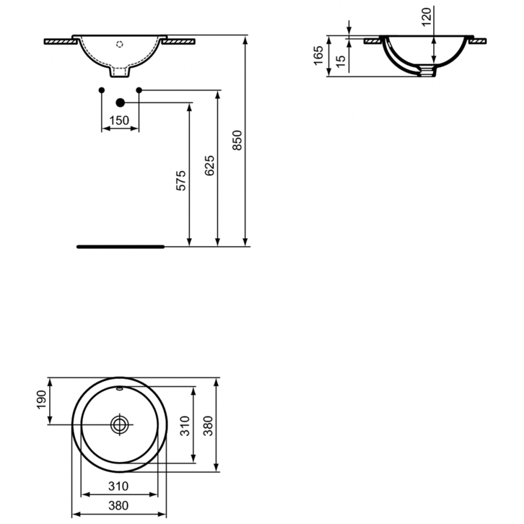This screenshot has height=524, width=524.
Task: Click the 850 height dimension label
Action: click(x=237, y=140)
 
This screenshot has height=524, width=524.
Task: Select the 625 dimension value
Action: click(x=210, y=165)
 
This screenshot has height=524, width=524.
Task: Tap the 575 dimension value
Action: click(x=181, y=181)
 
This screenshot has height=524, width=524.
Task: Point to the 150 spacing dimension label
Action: click(x=119, y=120)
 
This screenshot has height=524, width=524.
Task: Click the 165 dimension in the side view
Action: click(x=319, y=56)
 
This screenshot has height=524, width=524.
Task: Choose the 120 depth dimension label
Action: click(x=426, y=17)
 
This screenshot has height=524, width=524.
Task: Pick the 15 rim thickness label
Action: click(x=340, y=62)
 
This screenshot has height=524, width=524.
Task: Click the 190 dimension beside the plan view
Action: click(x=42, y=400)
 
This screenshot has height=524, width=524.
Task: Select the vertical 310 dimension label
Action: click(x=185, y=426)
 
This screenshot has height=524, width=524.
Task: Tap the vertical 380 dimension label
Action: click(x=208, y=426)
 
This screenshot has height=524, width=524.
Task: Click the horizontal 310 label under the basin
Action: click(x=118, y=486)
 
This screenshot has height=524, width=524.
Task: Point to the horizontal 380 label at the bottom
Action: click(x=118, y=506)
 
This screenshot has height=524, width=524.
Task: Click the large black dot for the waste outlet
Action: click(x=120, y=103)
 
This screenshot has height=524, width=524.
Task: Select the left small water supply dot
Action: click(x=102, y=90)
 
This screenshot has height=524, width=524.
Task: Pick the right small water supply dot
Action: click(x=139, y=90)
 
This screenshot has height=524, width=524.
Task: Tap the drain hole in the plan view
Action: click(x=119, y=425)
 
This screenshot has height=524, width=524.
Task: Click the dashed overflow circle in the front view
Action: click(x=119, y=44)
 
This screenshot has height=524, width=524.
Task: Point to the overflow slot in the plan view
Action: click(x=119, y=388)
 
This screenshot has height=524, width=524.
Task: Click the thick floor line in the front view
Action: click(x=120, y=247)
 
